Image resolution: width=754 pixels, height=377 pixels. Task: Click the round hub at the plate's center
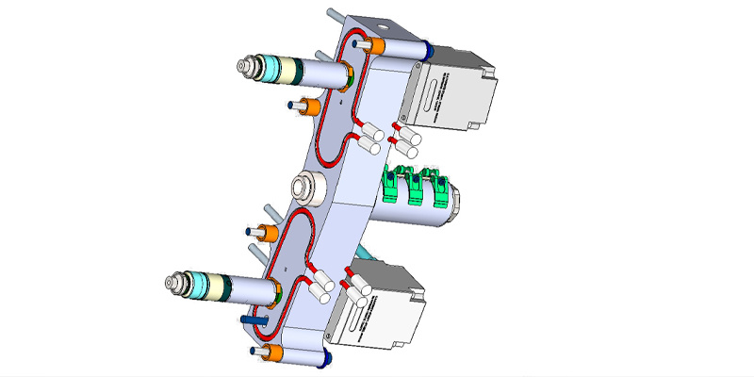pos(307,187)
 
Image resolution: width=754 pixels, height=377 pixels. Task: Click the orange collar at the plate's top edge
pos(378,45)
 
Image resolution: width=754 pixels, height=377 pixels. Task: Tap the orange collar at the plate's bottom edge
pos(274,352)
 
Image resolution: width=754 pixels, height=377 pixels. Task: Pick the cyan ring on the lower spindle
pos(205,282)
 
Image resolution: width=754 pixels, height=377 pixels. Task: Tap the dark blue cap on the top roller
pos(428,47)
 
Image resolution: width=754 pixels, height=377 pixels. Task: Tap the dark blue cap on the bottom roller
pos(325,355)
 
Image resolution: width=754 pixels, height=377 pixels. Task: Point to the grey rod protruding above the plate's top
pos(335,16)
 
